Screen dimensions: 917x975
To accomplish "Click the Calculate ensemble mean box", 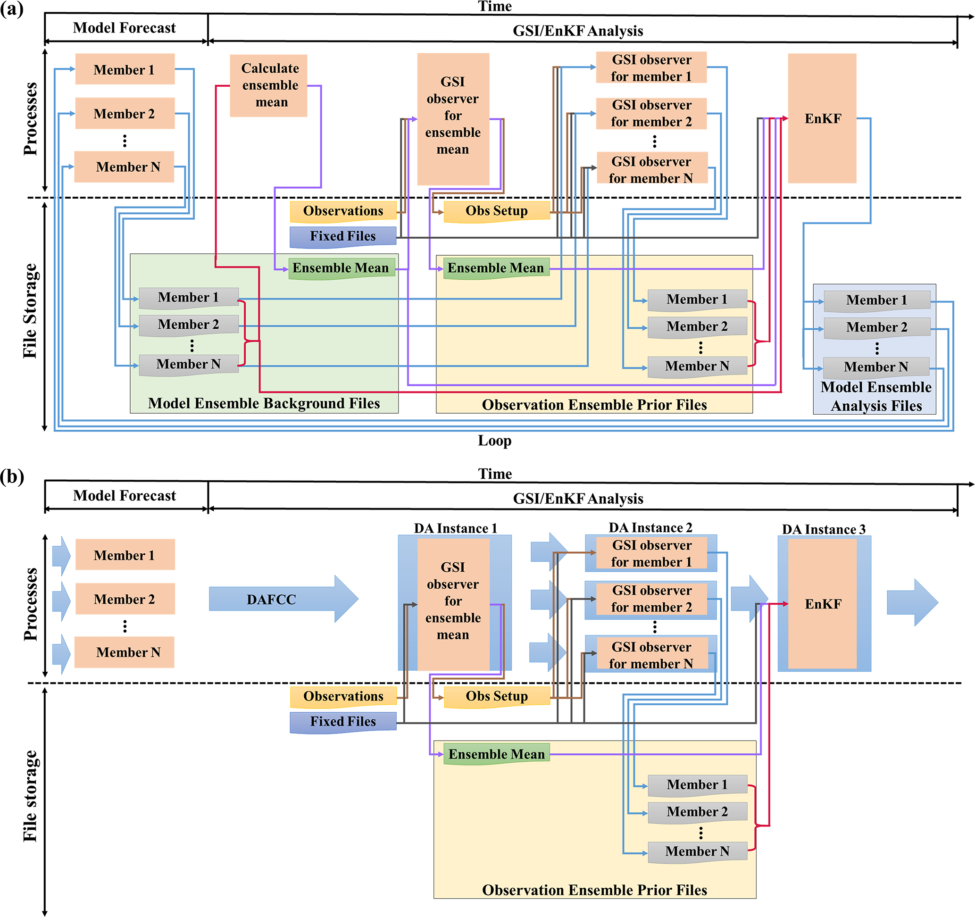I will pyautogui.click(x=269, y=85).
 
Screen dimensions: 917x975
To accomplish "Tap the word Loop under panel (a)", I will pyautogui.click(x=494, y=441).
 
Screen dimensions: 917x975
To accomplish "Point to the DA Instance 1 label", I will pyautogui.click(x=455, y=528).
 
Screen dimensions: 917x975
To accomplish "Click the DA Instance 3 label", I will pyautogui.click(x=824, y=529).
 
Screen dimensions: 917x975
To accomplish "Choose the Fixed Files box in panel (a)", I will pyautogui.click(x=343, y=236).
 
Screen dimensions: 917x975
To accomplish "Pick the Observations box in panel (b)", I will pyautogui.click(x=343, y=696).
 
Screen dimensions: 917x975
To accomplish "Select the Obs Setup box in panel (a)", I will pyautogui.click(x=496, y=211).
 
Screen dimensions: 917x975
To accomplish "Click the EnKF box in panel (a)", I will pyautogui.click(x=823, y=118).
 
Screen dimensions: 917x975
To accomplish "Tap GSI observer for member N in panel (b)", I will pyautogui.click(x=651, y=655).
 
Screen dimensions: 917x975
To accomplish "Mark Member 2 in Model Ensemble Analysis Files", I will pyautogui.click(x=876, y=327).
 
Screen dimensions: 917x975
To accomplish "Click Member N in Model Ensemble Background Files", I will pyautogui.click(x=189, y=364).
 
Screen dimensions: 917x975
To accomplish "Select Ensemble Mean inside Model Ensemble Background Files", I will pyautogui.click(x=342, y=268).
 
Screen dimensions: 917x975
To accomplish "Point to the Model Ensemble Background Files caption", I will pyautogui.click(x=264, y=403).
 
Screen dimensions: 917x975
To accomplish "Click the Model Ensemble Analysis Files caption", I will pyautogui.click(x=876, y=396).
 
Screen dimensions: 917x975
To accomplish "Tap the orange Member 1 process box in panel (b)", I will pyautogui.click(x=125, y=555).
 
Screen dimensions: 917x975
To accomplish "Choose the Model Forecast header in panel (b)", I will pyautogui.click(x=125, y=495).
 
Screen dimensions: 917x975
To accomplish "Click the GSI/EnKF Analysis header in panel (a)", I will pyautogui.click(x=578, y=31).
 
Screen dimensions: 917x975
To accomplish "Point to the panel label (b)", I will pyautogui.click(x=12, y=476).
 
